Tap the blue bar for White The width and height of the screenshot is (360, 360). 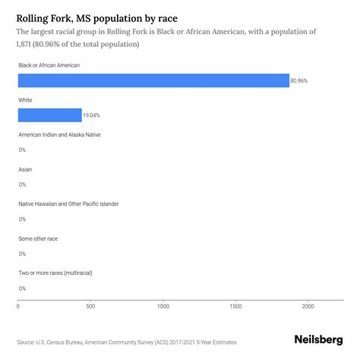[x=49, y=115]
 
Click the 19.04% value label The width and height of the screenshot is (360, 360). [x=93, y=115]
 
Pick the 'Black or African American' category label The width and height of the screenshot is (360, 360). [x=49, y=65]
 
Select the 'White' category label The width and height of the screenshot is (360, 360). [x=26, y=100]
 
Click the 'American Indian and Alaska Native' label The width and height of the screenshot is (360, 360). [x=59, y=134]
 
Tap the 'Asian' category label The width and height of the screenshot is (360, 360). [x=25, y=169]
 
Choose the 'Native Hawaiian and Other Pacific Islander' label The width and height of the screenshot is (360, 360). [x=68, y=204]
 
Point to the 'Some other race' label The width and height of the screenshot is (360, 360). [x=38, y=238]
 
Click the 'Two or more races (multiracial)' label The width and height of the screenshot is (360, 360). [x=57, y=273]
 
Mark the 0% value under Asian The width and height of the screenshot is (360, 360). [x=22, y=185]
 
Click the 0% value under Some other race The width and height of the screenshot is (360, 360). [x=22, y=254]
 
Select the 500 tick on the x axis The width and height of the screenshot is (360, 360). [x=90, y=306]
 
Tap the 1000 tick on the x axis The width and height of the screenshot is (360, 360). [x=163, y=306]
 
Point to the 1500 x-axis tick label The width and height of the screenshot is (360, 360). [x=235, y=306]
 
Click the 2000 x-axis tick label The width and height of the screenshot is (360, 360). [x=308, y=306]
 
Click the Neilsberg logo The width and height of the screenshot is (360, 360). [x=317, y=340]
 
